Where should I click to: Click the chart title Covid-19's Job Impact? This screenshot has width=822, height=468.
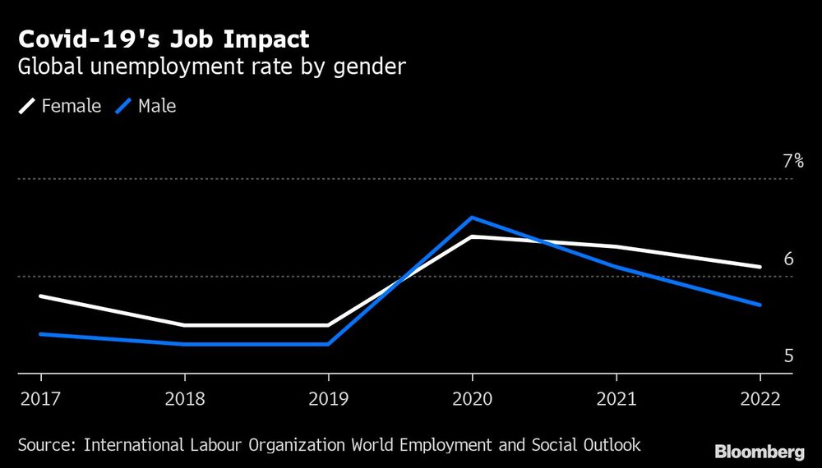(164, 39)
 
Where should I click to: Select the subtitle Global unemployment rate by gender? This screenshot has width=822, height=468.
(211, 67)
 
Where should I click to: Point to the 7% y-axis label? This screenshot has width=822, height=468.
(792, 162)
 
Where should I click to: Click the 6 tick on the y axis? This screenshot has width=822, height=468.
(788, 259)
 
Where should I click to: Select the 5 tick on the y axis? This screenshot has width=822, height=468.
(788, 356)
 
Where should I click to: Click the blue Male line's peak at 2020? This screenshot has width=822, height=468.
(472, 218)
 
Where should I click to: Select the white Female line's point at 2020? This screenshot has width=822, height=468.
(472, 236)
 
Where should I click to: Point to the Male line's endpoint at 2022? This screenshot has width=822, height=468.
(760, 305)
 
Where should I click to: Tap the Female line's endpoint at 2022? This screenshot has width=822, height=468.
(760, 267)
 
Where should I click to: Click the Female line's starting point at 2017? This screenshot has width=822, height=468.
(40, 296)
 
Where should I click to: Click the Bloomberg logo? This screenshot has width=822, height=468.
(759, 452)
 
